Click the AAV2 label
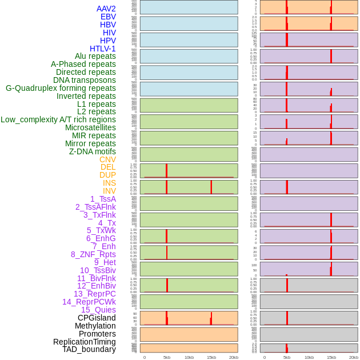(106, 9)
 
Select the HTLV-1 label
(102, 49)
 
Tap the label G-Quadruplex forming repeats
(61, 88)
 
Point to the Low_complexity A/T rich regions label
(58, 119)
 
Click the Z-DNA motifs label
(92, 151)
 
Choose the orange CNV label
(107, 159)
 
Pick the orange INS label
(109, 183)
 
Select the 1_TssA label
(103, 199)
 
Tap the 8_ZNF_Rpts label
(93, 254)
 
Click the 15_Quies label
(98, 310)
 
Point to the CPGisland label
(97, 318)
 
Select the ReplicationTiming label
(85, 342)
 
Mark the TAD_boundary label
(89, 349)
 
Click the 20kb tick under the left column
(234, 357)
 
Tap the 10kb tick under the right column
(309, 357)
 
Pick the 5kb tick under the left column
(167, 357)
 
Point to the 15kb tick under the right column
(331, 357)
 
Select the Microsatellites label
(90, 127)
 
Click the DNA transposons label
(85, 80)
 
